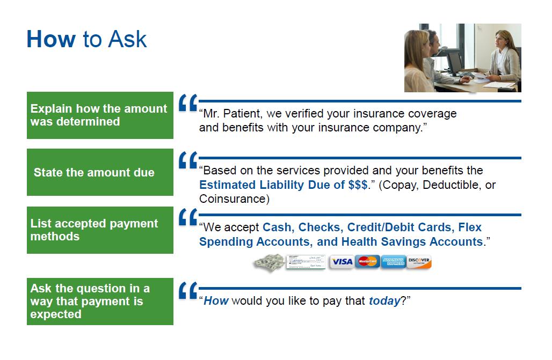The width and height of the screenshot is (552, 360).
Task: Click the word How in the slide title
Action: tap(51, 39)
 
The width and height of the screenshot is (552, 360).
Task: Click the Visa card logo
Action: tap(342, 262)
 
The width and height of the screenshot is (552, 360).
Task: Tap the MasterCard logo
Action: tap(367, 262)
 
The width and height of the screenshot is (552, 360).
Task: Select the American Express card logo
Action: tap(394, 262)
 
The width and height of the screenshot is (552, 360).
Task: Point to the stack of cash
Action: tap(270, 262)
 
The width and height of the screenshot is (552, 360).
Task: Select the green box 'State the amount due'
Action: tap(100, 172)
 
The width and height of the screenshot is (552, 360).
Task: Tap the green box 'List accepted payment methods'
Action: tap(100, 230)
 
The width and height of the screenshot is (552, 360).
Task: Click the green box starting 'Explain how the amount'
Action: tap(100, 115)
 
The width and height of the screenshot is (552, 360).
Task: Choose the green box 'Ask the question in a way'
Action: tap(100, 302)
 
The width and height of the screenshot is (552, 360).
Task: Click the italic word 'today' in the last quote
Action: tap(384, 301)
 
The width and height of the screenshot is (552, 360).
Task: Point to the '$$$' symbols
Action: tap(358, 185)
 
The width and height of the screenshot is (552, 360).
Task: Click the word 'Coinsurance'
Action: tap(233, 199)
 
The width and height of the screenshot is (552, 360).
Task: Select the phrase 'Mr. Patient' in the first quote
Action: tap(233, 114)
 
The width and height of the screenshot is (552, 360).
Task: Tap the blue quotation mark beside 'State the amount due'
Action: tap(188, 160)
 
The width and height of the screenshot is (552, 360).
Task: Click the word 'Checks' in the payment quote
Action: tap(319, 227)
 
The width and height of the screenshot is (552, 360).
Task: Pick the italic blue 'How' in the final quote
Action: tap(216, 301)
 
